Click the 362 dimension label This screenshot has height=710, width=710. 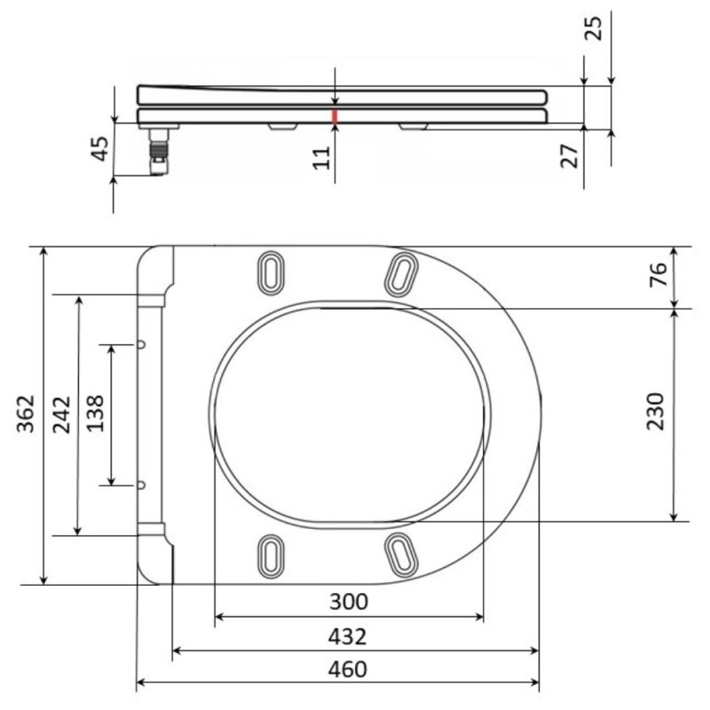pyautogui.click(x=26, y=414)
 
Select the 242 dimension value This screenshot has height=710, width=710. pyautogui.click(x=61, y=414)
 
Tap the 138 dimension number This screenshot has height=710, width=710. pyautogui.click(x=95, y=414)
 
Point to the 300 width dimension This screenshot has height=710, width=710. pyautogui.click(x=348, y=602)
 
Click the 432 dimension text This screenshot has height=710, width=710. pyautogui.click(x=347, y=636)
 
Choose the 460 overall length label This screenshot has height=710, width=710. pyautogui.click(x=347, y=669)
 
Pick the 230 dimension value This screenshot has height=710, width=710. pyautogui.click(x=655, y=411)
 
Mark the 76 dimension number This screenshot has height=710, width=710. pyautogui.click(x=659, y=274)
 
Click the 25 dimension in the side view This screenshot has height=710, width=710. pyautogui.click(x=594, y=28)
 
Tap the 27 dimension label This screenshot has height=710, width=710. pyautogui.click(x=569, y=156)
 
